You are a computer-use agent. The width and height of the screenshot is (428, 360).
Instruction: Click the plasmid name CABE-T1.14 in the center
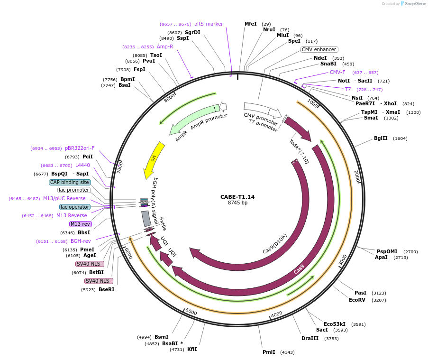click(x=237, y=196)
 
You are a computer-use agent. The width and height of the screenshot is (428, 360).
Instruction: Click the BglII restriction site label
click(x=381, y=138)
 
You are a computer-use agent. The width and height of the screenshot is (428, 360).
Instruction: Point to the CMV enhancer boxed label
click(x=319, y=49)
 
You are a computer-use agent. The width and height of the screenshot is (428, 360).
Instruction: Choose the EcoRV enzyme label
click(x=357, y=300)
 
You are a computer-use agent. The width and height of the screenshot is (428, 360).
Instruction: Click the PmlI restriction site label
click(x=269, y=352)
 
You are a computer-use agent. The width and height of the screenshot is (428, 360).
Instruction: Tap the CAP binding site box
click(x=69, y=182)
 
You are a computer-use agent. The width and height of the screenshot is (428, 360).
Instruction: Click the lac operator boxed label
click(x=74, y=207)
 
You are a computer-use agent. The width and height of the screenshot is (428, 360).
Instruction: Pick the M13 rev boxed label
click(x=80, y=224)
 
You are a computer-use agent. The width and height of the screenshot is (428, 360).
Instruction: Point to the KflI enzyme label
click(x=192, y=349)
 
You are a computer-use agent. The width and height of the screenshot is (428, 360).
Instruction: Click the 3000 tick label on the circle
click(x=343, y=259)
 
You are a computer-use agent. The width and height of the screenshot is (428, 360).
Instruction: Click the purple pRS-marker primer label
click(x=209, y=24)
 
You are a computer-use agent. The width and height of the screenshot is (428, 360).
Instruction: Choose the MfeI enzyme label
click(x=250, y=24)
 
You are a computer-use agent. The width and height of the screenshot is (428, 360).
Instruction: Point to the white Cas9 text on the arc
click(x=299, y=269)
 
